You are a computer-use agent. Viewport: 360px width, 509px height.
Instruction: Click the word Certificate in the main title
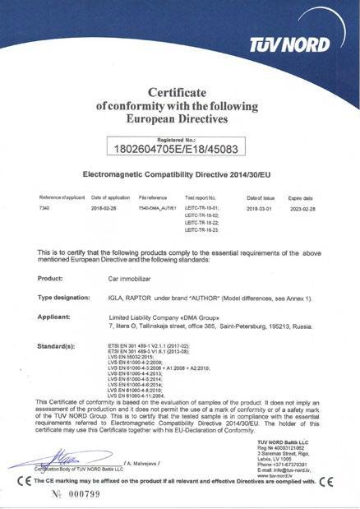[180, 89]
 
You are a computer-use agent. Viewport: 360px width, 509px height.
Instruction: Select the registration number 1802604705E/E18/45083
[179, 149]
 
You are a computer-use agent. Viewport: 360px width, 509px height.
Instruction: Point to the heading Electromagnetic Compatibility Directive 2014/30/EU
[179, 174]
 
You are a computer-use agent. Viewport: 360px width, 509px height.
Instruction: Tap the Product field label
[51, 278]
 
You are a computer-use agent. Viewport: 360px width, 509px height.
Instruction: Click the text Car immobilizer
[131, 278]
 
